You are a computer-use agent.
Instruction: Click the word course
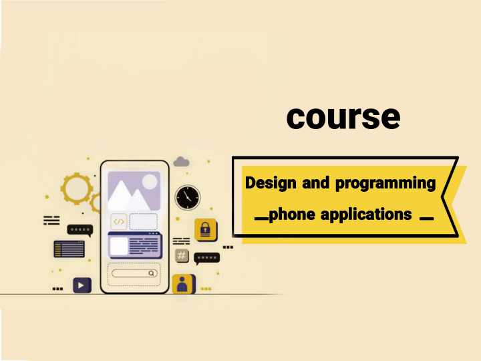343,118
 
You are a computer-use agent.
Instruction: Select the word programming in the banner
385,184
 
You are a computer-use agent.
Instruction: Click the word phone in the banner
292,215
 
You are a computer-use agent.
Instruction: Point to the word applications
366,215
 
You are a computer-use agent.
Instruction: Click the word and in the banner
315,183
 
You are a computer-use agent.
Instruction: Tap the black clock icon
188,197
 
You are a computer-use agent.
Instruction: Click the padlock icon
205,229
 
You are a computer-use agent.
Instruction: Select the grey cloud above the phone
181,162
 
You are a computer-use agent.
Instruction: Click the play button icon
82,285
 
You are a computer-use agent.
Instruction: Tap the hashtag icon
182,255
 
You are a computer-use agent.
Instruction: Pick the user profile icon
184,284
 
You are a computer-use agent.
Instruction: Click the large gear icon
76,189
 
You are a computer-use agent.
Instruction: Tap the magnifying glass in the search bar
151,273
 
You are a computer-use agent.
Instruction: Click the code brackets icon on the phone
119,222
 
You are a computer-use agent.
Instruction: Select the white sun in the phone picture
150,182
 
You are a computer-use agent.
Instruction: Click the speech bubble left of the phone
80,230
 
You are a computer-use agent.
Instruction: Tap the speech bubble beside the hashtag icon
206,259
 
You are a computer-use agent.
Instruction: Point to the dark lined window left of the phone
69,249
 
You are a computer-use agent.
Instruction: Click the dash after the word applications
427,219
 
